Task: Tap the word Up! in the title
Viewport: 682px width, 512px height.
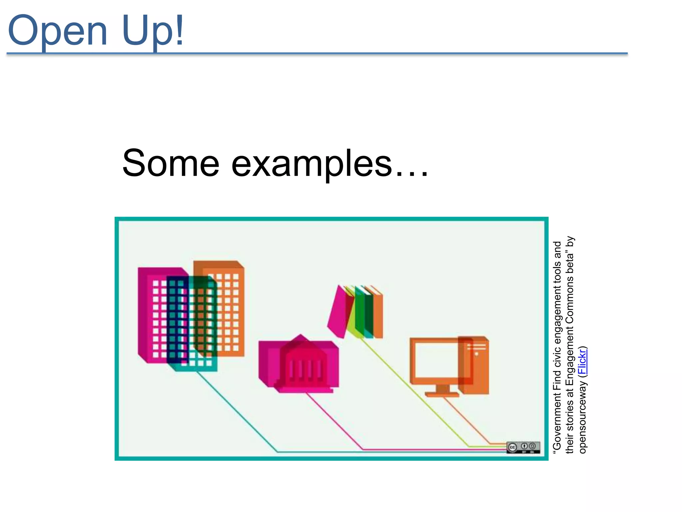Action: click(153, 31)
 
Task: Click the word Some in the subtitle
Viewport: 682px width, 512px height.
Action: click(171, 163)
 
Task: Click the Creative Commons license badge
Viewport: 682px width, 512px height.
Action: click(523, 447)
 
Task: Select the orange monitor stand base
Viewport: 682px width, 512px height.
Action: click(442, 395)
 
